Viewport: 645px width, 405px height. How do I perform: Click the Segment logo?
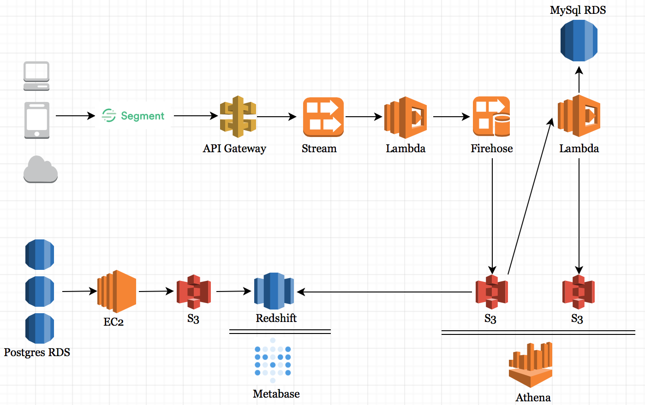click(133, 115)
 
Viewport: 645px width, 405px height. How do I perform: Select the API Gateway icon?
click(238, 117)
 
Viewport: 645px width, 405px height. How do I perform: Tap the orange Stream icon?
click(323, 117)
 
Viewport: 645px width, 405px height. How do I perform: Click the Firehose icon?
click(491, 117)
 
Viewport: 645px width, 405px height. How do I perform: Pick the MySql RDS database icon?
click(579, 41)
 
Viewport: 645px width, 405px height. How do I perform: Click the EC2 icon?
click(117, 291)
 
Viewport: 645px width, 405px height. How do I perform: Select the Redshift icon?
click(274, 291)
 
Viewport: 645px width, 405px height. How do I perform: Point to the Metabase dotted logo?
click(273, 360)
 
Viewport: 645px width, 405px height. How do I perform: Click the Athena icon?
click(531, 364)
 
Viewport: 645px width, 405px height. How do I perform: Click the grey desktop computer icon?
click(36, 76)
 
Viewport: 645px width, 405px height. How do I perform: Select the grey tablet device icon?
click(37, 120)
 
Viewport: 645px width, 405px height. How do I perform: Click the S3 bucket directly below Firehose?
click(492, 292)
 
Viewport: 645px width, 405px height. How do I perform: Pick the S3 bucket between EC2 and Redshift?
click(194, 292)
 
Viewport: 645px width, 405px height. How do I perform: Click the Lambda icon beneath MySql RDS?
click(579, 116)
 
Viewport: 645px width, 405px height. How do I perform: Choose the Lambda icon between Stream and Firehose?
click(406, 117)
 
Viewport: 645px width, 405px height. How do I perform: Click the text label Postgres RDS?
click(37, 352)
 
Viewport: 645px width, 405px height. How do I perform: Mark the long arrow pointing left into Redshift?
click(385, 292)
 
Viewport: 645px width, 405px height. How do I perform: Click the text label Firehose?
click(491, 149)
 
